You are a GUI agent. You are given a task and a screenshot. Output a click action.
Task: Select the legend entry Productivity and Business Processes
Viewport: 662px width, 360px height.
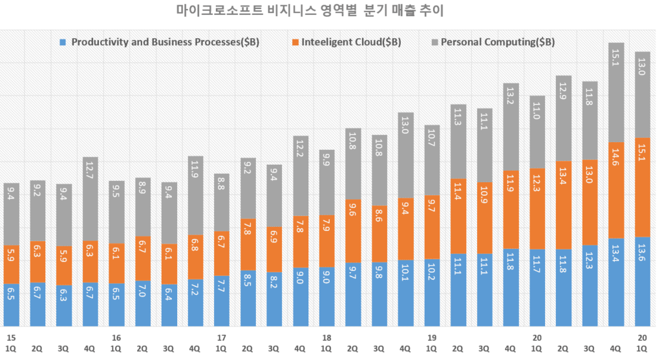pos(164,43)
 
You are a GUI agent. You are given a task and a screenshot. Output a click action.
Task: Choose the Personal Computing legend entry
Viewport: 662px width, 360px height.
pos(497,43)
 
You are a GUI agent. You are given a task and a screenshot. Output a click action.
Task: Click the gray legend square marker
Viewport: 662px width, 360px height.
pos(434,43)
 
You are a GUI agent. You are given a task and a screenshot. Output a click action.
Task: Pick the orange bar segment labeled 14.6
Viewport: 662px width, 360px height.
pos(617,190)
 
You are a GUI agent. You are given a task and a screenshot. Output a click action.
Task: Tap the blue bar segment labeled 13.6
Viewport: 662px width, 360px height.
pos(643,281)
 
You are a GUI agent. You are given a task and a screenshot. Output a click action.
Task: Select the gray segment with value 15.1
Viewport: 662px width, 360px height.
pos(617,92)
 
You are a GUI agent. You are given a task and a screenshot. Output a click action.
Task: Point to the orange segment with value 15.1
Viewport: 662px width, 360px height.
pos(643,187)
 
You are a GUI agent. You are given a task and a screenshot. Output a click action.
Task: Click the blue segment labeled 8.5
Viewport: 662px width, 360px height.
pos(248,298)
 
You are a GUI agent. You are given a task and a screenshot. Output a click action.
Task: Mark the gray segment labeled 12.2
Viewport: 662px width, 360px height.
pos(301,175)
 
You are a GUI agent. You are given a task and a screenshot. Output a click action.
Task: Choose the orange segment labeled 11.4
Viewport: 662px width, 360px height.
pos(458,216)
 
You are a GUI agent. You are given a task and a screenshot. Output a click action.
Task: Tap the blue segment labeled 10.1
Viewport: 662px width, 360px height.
pos(406,293)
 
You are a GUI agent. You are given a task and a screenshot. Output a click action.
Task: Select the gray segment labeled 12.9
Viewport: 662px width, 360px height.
pos(564,118)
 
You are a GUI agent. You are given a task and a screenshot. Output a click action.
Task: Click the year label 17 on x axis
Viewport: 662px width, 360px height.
pos(221,337)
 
